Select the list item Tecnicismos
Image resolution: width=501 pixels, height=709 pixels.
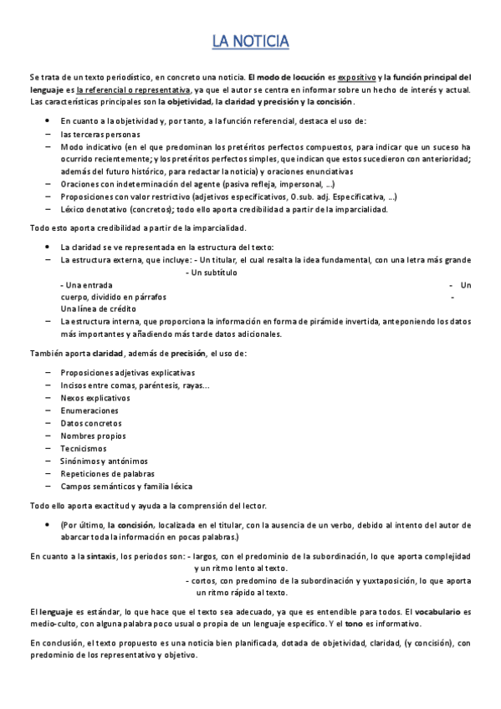(x=84, y=448)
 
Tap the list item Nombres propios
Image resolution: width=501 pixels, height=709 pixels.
(x=91, y=436)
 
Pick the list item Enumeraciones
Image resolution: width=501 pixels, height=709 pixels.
(x=89, y=411)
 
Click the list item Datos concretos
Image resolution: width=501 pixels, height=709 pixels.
(x=90, y=423)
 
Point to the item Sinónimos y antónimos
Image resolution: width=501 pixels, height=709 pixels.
(x=104, y=461)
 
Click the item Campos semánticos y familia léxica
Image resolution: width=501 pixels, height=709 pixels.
(x=126, y=486)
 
